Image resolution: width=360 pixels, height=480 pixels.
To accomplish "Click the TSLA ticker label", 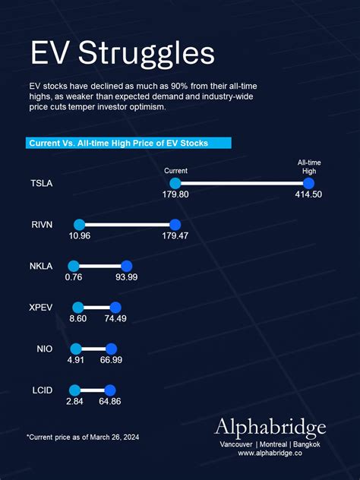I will pyautogui.click(x=43, y=184).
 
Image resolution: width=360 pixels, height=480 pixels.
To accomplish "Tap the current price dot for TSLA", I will pyautogui.click(x=175, y=183).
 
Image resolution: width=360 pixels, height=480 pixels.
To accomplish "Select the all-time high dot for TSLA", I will pyautogui.click(x=308, y=183).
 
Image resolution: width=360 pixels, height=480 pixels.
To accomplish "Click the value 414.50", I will pyautogui.click(x=308, y=195).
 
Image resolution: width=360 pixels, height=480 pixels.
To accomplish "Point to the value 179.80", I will pyautogui.click(x=175, y=195).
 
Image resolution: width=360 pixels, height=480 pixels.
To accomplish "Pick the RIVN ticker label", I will pyautogui.click(x=43, y=225).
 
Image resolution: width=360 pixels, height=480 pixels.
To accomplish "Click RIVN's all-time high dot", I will pyautogui.click(x=175, y=225).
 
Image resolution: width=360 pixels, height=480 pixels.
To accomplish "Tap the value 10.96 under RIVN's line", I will pyautogui.click(x=80, y=236).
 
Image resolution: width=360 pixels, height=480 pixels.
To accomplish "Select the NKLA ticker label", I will pyautogui.click(x=43, y=267).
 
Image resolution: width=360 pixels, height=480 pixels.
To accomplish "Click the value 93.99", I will pyautogui.click(x=127, y=277).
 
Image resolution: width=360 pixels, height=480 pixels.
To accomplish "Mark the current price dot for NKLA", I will pyautogui.click(x=74, y=266).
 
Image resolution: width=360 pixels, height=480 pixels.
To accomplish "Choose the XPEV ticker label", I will pyautogui.click(x=43, y=308).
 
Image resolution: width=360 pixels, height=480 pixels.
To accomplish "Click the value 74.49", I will pyautogui.click(x=115, y=318).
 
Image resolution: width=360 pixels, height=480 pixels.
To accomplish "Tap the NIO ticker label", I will pyautogui.click(x=45, y=349).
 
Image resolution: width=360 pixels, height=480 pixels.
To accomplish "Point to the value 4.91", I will pyautogui.click(x=76, y=359).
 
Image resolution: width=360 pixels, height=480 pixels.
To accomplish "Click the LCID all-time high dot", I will pyautogui.click(x=110, y=390).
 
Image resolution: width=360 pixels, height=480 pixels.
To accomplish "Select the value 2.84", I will pyautogui.click(x=74, y=401).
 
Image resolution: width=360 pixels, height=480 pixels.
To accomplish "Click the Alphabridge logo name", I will pyautogui.click(x=270, y=426).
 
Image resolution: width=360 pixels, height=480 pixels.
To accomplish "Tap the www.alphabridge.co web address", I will pyautogui.click(x=270, y=453).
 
